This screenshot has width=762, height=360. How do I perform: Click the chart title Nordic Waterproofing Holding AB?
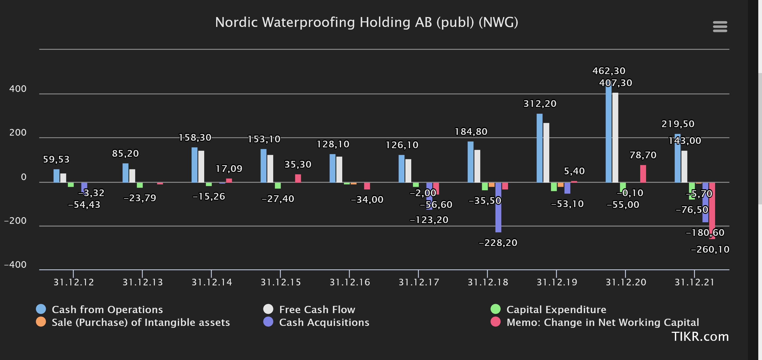[x=366, y=22]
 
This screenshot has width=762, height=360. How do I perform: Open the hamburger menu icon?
[x=720, y=27]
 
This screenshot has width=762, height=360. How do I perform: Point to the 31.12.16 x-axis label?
[x=350, y=282]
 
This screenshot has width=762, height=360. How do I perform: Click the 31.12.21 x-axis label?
[x=694, y=282]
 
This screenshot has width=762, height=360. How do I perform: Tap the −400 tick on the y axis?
[x=15, y=264]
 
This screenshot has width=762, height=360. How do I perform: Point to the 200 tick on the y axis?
[x=18, y=132]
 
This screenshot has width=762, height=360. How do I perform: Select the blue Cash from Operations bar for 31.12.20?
[x=608, y=133]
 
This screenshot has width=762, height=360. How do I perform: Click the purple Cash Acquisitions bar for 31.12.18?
[x=498, y=207]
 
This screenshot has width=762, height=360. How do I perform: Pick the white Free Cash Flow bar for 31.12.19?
[x=546, y=153]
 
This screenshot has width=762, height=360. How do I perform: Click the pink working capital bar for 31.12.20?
[x=643, y=174]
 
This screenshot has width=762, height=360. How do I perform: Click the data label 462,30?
[x=609, y=71]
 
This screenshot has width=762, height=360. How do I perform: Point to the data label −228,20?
[x=498, y=243]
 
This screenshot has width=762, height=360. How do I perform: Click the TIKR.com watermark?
[x=700, y=337]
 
